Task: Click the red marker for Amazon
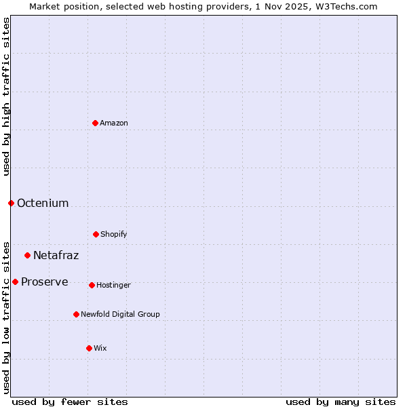[x=95, y=123]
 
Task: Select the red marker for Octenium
[x=11, y=203]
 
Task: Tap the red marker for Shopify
[x=96, y=234]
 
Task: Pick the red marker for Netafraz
[x=27, y=255]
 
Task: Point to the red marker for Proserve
[x=15, y=282]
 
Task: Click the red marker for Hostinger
[x=92, y=285]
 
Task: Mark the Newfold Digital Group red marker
[x=76, y=314]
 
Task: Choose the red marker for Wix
[x=89, y=348]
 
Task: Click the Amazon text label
[x=114, y=123]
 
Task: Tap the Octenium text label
[x=43, y=203]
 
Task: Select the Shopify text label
[x=114, y=234]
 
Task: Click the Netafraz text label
[x=56, y=255]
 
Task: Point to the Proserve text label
[x=44, y=282]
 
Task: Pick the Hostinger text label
[x=113, y=285]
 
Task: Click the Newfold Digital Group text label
[x=120, y=314]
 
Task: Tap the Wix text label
[x=100, y=348]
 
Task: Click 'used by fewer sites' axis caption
[x=70, y=402]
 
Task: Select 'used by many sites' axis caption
[x=341, y=402]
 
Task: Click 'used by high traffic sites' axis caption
[x=6, y=96]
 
